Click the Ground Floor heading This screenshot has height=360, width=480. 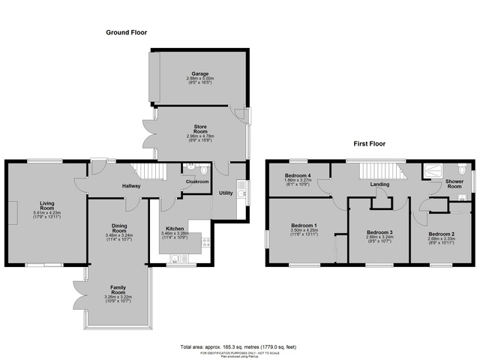(125, 32)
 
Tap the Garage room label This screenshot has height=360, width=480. (199, 73)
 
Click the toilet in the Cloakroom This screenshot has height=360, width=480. (188, 169)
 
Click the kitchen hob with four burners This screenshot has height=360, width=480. (205, 241)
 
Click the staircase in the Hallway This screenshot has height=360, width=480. (147, 171)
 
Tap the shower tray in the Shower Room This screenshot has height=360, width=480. (433, 172)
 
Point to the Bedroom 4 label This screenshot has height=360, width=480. (298, 175)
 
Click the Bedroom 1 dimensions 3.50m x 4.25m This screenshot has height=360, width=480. (304, 231)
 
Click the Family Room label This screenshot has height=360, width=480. (118, 287)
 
